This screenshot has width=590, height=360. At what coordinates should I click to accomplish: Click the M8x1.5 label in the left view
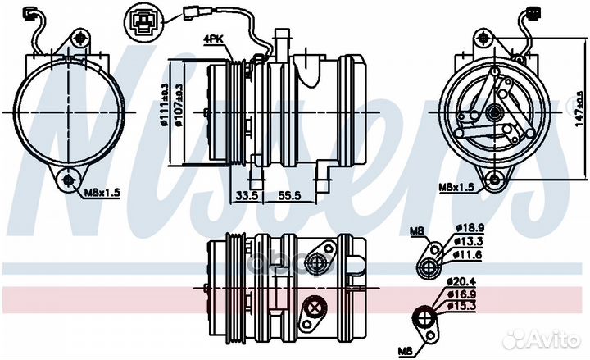point(102,194)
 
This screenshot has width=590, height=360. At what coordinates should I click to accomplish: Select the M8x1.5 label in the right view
point(456,187)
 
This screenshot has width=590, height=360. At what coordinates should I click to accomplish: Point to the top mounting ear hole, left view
point(78,38)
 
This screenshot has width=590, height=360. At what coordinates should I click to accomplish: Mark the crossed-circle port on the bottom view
point(311,309)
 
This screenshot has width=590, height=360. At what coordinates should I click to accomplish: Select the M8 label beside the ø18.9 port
point(419,232)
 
